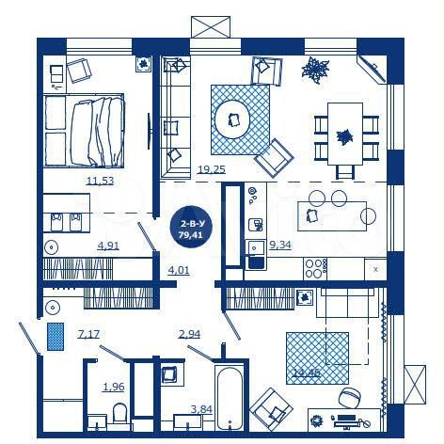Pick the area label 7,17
tap(88, 334)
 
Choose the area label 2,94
tap(191, 334)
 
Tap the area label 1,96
tap(112, 387)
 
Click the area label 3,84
tap(201, 409)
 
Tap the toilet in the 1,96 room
tap(119, 412)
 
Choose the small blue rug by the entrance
tap(55, 336)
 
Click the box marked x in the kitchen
tap(374, 269)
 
